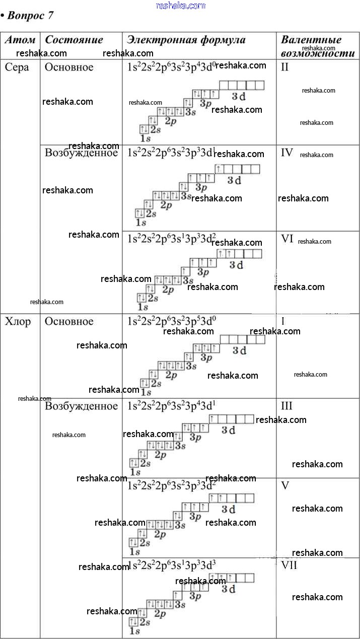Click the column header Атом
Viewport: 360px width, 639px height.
[x=20, y=40]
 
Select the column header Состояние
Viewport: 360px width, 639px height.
[x=74, y=40]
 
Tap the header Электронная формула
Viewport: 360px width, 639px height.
[x=186, y=40]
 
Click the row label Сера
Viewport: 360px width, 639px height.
[x=17, y=67]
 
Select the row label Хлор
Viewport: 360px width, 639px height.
[x=18, y=322]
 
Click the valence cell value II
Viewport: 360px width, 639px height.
[x=285, y=67]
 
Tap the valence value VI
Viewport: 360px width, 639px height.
[x=287, y=239]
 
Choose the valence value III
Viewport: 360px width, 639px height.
[x=287, y=406]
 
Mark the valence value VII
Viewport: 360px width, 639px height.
[x=289, y=565]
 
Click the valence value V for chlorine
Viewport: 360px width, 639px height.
[x=285, y=486]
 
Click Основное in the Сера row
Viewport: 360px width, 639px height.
[x=69, y=67]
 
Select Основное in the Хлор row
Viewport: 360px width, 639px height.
[x=69, y=322]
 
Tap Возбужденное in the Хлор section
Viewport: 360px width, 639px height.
[x=81, y=406]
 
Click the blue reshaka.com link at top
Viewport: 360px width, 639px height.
[x=181, y=6]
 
